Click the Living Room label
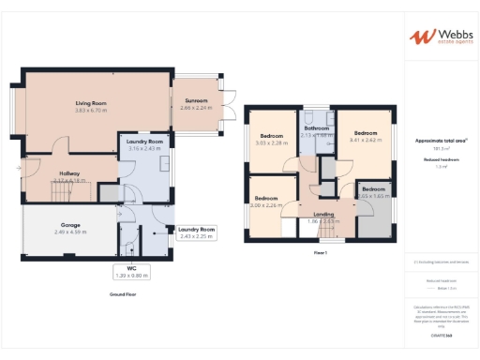coord(91,103)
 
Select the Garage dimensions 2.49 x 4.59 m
coord(69,231)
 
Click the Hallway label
coord(68,173)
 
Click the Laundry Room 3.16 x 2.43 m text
coord(144,148)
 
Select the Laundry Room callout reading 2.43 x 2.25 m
coord(197,236)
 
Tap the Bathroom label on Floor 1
coord(316,128)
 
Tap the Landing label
coord(323,215)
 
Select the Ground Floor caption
coord(124,294)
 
